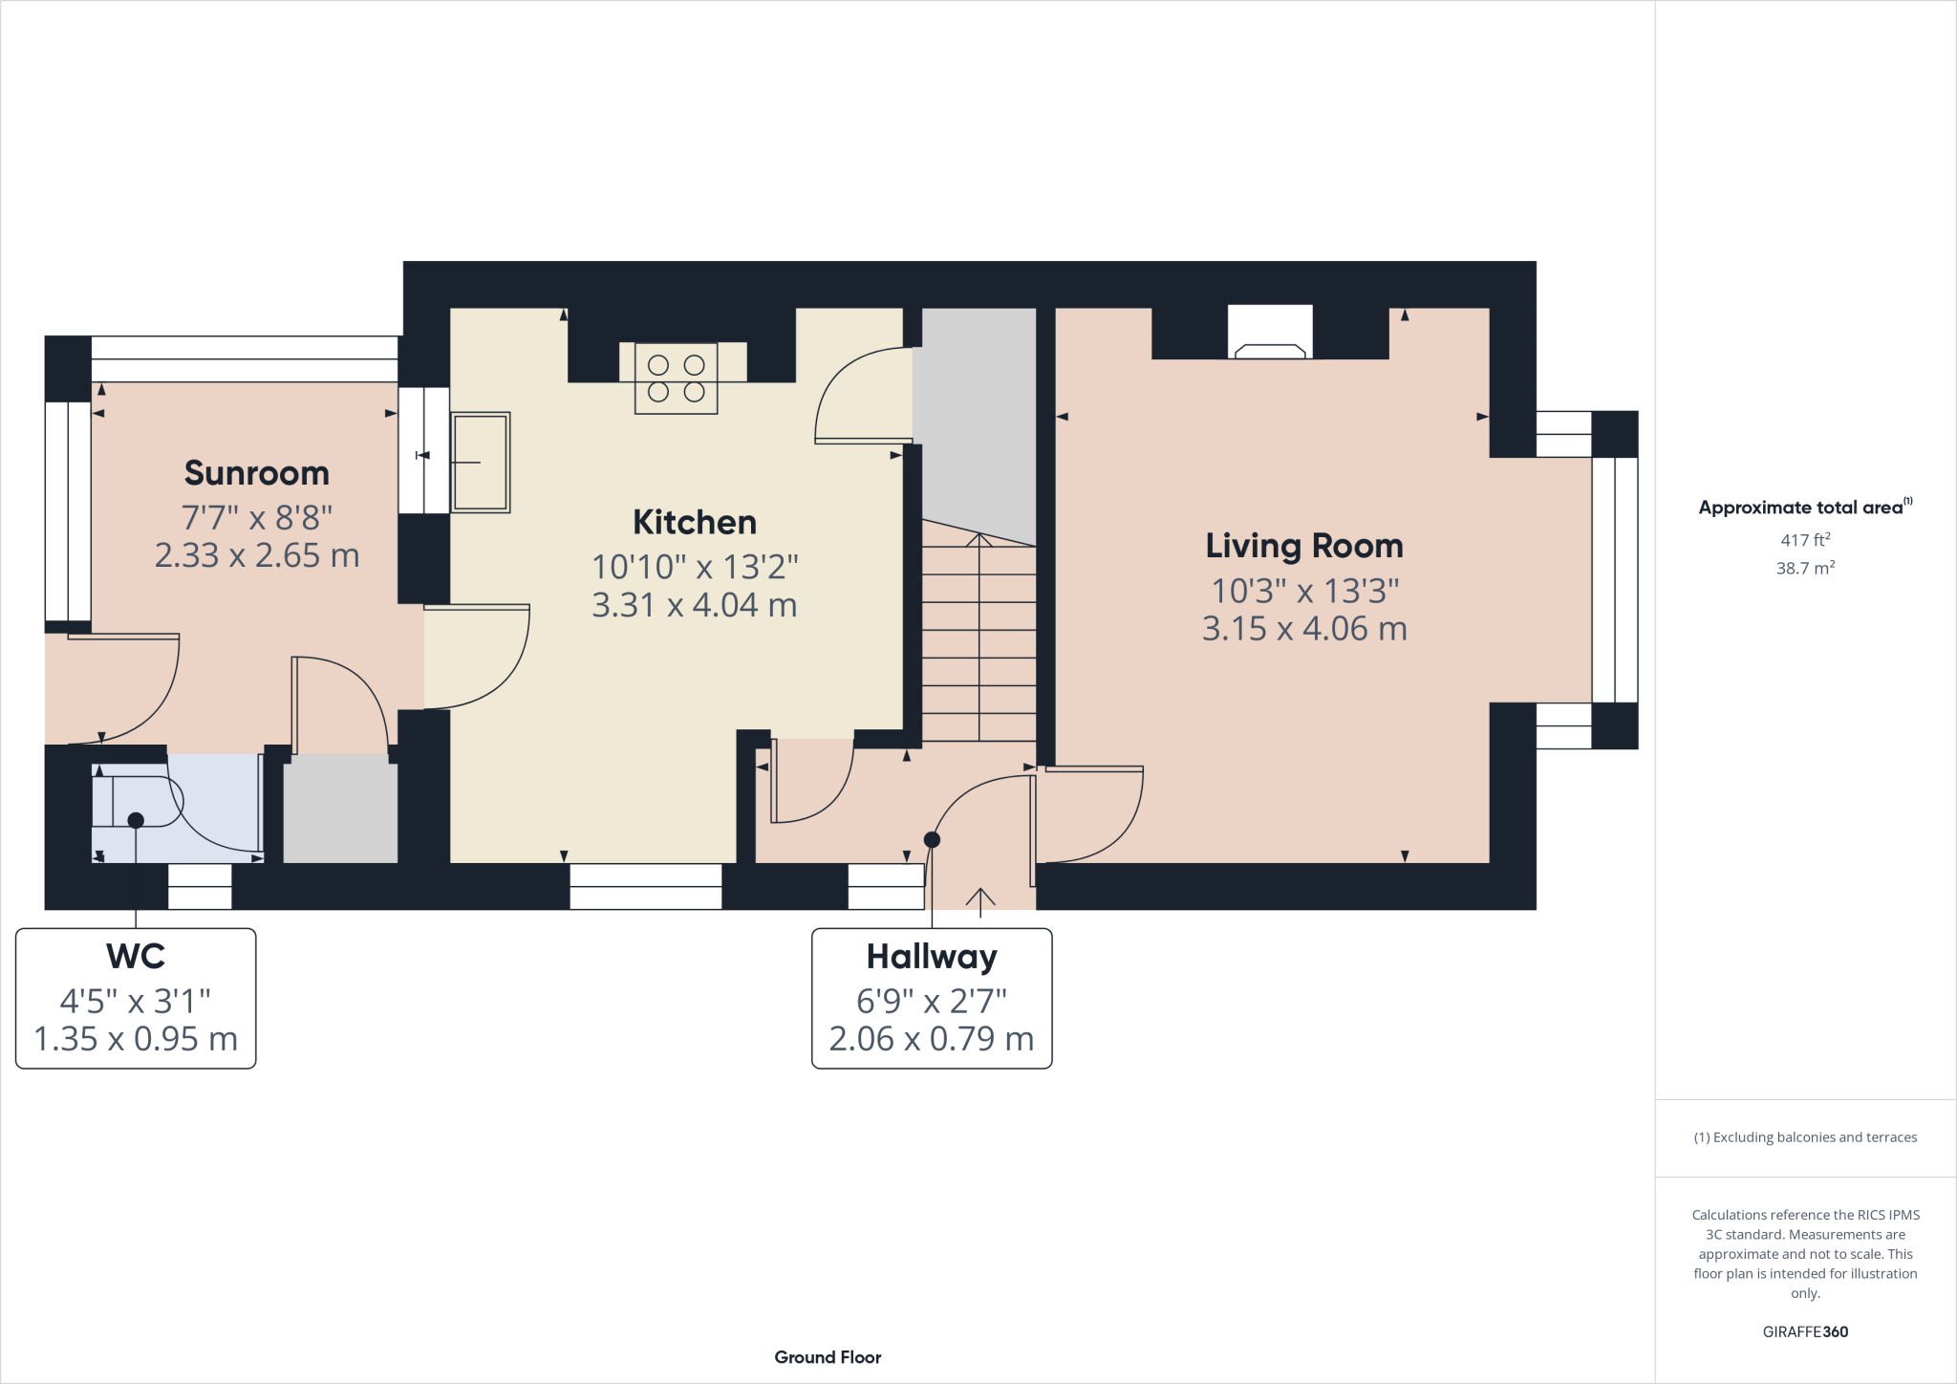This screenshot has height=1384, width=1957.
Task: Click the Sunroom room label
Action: point(256,473)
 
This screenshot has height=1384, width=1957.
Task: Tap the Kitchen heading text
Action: point(695,523)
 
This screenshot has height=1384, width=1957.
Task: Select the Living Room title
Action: point(1304,546)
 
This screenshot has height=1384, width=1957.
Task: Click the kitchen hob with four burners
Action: point(676,378)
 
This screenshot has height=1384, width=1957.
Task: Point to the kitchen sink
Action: point(480,463)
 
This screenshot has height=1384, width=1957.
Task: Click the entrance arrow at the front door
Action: point(980,900)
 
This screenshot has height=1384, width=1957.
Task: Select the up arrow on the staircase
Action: point(978,541)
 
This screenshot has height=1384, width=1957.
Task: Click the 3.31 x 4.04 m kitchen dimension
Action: point(695,605)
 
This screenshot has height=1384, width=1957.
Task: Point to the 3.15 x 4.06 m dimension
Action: point(1304,629)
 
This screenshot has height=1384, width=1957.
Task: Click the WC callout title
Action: point(136,957)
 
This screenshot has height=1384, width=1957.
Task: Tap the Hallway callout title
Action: point(932,957)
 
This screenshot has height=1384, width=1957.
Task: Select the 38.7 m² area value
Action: point(1805,569)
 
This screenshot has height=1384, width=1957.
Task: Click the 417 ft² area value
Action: point(1805,540)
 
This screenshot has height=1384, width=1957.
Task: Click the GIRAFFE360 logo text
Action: point(1805,1331)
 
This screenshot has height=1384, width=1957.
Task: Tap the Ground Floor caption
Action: point(828,1357)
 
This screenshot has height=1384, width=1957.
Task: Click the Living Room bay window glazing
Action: point(1615,580)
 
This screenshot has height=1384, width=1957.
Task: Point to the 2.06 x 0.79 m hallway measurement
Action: point(932,1039)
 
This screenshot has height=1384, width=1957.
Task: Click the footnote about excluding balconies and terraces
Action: point(1805,1137)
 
